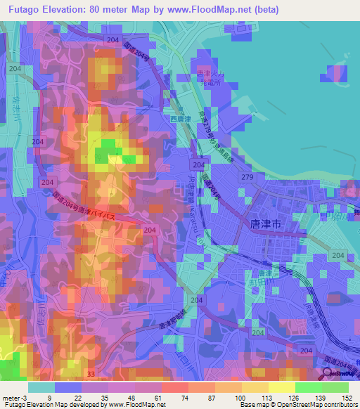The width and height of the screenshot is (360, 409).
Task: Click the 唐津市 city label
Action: [265, 223]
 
